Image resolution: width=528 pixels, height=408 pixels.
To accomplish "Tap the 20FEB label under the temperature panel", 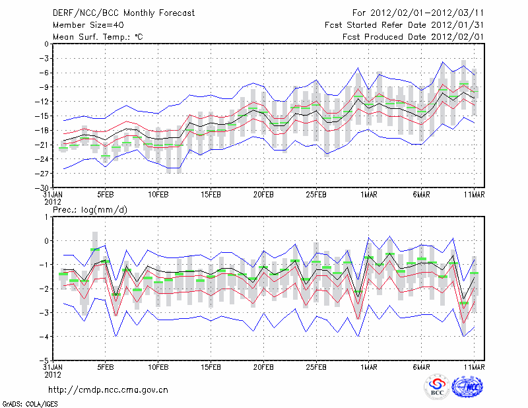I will [x=263, y=195].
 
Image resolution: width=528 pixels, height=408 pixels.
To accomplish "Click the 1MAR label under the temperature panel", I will [x=369, y=195].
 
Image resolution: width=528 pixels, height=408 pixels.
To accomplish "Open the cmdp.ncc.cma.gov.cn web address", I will [x=108, y=390].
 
